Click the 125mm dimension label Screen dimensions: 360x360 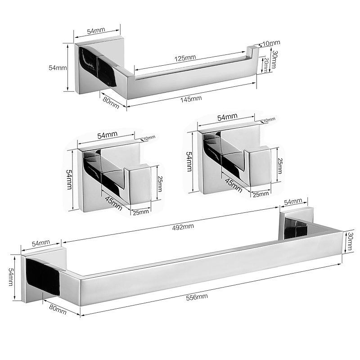coord(185,58)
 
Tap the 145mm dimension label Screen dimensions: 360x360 coord(191,99)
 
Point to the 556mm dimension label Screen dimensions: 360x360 coord(197,297)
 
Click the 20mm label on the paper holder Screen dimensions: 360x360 coord(266,65)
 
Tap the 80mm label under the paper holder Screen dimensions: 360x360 coord(111,103)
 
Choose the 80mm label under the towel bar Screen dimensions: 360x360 coord(58,310)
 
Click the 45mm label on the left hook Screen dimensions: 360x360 coord(114,203)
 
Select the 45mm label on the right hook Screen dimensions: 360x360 coord(234,185)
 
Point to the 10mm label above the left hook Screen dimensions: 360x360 coord(149,138)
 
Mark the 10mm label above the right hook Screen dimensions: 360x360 coord(269,120)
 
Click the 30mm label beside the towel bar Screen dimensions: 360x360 coord(350,242)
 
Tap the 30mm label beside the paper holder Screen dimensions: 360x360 coord(274,59)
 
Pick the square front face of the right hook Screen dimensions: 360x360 coord(260,166)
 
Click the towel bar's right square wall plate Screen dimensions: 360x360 coord(296,223)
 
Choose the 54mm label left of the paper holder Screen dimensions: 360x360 coord(58,68)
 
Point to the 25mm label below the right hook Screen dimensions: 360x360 coord(261,194)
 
